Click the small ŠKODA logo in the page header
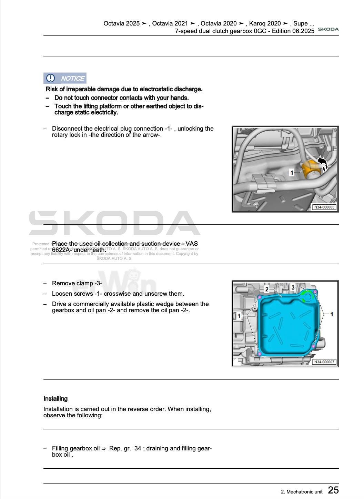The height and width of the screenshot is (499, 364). [328, 29]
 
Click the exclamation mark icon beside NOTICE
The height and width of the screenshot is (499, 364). [50, 78]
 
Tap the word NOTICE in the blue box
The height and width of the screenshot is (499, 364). [73, 79]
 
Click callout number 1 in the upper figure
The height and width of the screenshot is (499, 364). [292, 172]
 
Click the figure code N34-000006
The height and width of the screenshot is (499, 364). [324, 207]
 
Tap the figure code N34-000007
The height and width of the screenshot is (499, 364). [324, 362]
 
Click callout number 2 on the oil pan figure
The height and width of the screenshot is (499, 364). [267, 289]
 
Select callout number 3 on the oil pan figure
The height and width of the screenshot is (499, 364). [293, 287]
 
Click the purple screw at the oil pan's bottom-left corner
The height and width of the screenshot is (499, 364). [260, 354]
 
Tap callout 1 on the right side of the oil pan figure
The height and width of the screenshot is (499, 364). [332, 314]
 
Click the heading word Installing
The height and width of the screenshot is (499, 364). [55, 399]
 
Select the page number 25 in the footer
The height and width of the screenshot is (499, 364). [333, 490]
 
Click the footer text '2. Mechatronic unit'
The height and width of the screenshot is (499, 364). [302, 492]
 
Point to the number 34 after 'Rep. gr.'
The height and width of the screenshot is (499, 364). [138, 448]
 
